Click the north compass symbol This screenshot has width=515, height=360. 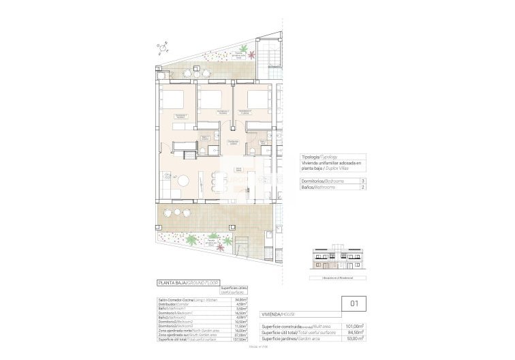click(163, 47)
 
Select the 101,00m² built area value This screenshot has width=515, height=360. click(356, 326)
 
